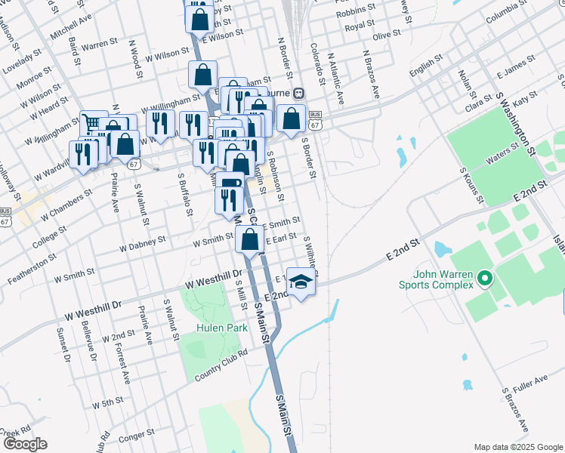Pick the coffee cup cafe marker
(x=231, y=183)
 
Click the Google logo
(x=24, y=444)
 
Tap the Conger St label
(x=136, y=434)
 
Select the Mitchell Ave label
(x=71, y=26)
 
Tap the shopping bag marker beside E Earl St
(x=250, y=241)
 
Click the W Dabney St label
(x=142, y=244)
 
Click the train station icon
(x=299, y=94)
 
